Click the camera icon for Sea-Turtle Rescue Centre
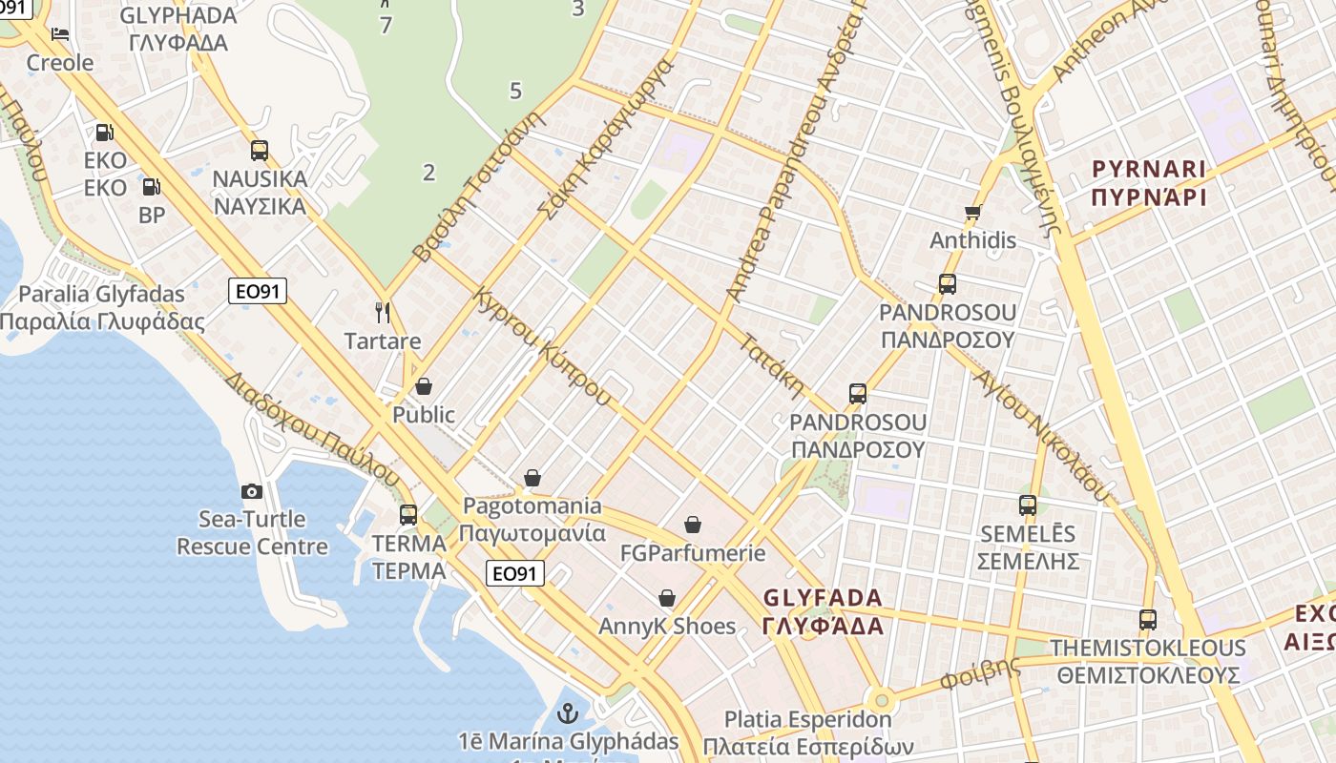(x=252, y=491)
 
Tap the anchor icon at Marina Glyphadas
(x=568, y=713)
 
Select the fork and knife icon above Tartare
(x=383, y=313)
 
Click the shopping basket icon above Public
(x=424, y=386)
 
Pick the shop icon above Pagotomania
(x=532, y=478)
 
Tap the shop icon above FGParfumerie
(x=693, y=525)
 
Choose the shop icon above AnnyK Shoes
(x=667, y=598)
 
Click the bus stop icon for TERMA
(x=408, y=515)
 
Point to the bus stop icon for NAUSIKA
(x=260, y=151)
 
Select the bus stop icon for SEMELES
(x=1028, y=505)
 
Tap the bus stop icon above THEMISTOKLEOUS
(x=1148, y=620)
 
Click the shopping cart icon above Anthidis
(x=972, y=212)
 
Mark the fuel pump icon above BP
(x=151, y=186)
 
